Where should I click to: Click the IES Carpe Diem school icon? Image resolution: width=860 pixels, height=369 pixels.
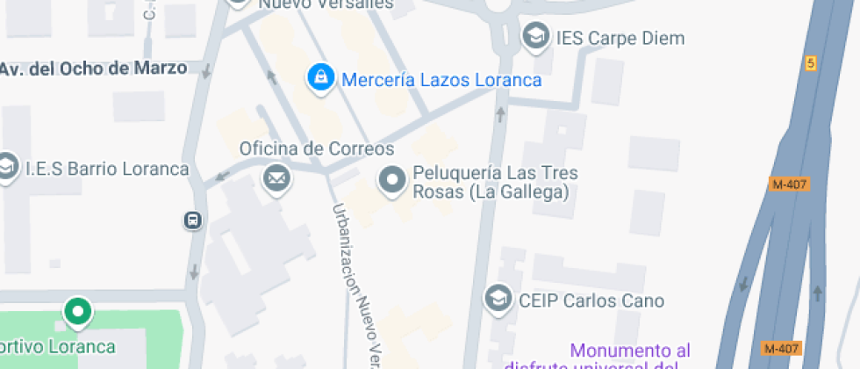(x=534, y=37)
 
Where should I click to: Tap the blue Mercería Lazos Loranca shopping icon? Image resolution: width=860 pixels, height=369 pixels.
(x=319, y=77)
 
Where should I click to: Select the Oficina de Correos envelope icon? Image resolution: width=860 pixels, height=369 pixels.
(x=276, y=179)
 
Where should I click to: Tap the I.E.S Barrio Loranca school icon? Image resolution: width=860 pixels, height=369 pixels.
(x=7, y=166)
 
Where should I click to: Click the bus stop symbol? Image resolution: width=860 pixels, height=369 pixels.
(x=193, y=220)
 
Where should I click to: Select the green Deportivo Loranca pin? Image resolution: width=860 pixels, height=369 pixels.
(x=77, y=311)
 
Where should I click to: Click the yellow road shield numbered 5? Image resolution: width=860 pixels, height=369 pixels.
(x=811, y=63)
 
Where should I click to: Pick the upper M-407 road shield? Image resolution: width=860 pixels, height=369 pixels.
(x=788, y=184)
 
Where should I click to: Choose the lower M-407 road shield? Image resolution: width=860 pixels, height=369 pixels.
(x=779, y=348)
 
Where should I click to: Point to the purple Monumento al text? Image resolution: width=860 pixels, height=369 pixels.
(x=630, y=350)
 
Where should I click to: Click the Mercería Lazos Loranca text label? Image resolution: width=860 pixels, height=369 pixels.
(x=441, y=80)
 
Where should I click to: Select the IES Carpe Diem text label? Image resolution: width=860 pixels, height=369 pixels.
(x=620, y=39)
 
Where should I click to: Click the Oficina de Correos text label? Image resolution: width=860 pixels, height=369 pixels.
(x=317, y=148)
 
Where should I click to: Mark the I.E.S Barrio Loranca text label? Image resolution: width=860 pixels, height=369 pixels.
(x=107, y=169)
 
